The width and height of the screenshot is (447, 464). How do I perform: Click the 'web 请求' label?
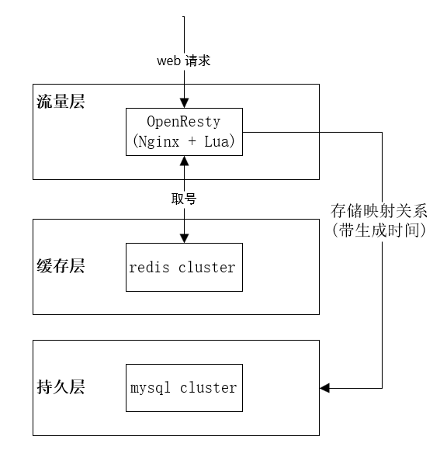coord(184,61)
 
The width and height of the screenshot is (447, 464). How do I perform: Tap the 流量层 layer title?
coord(61,102)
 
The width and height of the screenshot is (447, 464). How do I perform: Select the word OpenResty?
coord(184,122)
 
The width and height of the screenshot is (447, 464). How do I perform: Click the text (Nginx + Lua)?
coord(184,141)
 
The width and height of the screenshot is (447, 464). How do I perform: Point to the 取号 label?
coord(184,199)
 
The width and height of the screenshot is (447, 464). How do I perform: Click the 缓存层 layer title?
coord(61,265)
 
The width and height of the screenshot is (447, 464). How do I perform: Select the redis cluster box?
coord(184,267)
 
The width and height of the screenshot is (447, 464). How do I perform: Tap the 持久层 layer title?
coord(61,386)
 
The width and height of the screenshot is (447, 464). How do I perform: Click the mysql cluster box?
coord(184,388)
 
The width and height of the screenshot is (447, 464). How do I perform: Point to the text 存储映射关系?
coord(379,211)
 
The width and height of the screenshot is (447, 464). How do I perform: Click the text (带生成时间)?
coord(379,230)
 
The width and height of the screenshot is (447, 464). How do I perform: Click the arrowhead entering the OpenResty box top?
coord(185,103)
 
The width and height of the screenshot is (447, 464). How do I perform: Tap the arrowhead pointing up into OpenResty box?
coord(185,161)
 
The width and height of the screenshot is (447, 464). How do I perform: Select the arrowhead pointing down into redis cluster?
coord(185,238)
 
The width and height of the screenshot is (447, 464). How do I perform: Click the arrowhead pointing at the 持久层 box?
coord(324,388)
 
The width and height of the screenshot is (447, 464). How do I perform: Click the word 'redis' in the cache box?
coord(149,267)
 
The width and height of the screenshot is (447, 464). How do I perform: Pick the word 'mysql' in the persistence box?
coord(151,388)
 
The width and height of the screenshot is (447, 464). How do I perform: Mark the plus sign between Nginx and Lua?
coord(192,141)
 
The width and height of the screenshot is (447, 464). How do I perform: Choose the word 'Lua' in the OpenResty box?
coord(217,141)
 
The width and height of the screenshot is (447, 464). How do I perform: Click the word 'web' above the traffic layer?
coord(168,61)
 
